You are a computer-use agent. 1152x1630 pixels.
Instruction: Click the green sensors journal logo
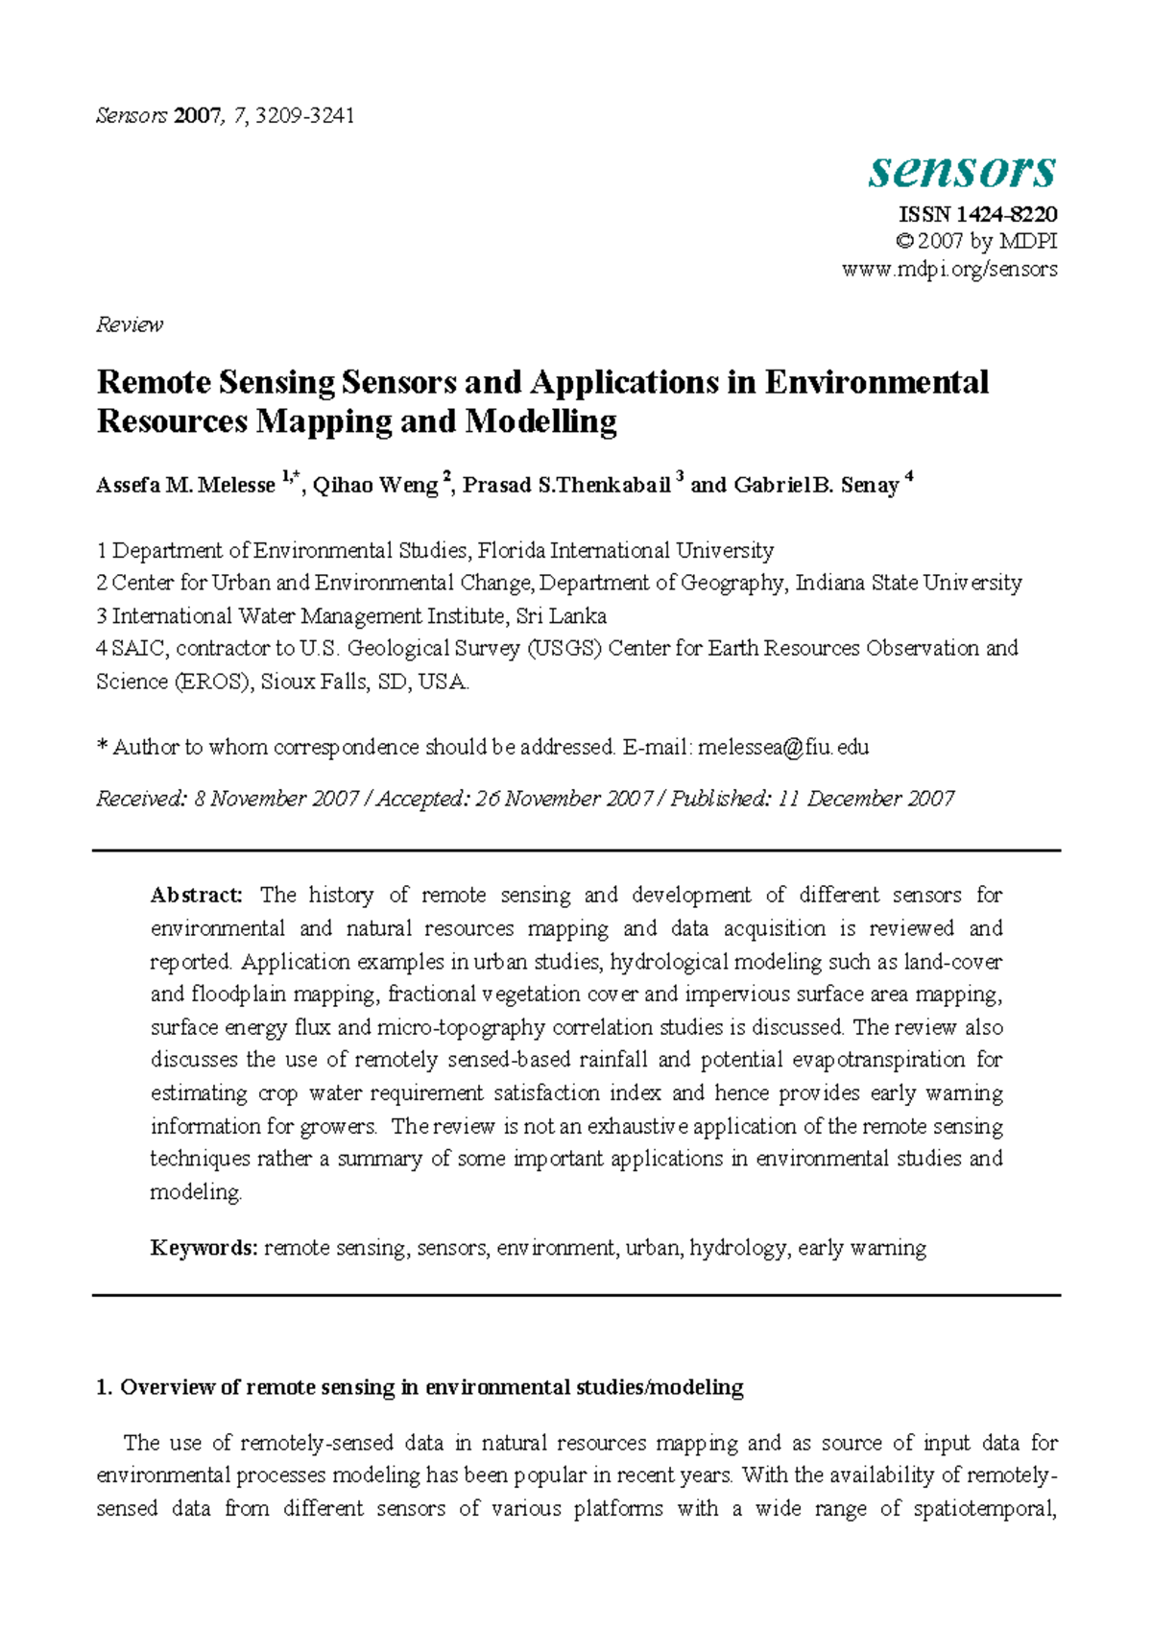pos(962,171)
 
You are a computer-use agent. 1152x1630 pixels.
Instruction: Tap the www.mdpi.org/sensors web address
pos(949,269)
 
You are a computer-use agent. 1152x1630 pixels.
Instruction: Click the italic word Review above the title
pos(130,324)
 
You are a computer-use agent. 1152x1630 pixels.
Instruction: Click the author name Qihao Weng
pos(375,486)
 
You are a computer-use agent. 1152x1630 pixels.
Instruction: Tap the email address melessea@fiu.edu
pos(783,747)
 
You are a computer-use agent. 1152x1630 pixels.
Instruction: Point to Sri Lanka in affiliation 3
pos(562,616)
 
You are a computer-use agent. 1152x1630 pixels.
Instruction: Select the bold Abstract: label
pos(197,896)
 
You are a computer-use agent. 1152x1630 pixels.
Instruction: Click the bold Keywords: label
pos(204,1248)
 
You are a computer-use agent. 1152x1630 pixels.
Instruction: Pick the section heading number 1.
pos(105,1387)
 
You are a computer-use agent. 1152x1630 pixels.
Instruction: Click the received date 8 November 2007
pos(276,799)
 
